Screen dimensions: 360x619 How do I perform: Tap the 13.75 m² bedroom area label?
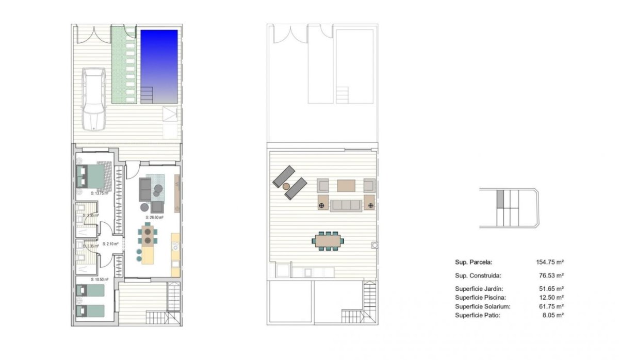coord(98,193)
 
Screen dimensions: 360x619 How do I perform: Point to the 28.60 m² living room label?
coord(154,218)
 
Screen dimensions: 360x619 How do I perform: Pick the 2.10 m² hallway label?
coord(110,244)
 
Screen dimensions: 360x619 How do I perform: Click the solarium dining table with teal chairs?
coord(328,240)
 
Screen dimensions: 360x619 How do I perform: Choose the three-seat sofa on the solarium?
coord(346,206)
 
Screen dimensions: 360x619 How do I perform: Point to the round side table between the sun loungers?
coord(287,186)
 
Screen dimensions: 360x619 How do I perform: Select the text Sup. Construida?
coord(478,276)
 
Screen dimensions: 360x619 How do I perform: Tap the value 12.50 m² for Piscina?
coord(551,298)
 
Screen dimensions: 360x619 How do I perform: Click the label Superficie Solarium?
coord(482,306)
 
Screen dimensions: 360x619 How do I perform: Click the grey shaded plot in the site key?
coord(499,199)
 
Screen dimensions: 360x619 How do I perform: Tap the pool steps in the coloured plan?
coord(147,94)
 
